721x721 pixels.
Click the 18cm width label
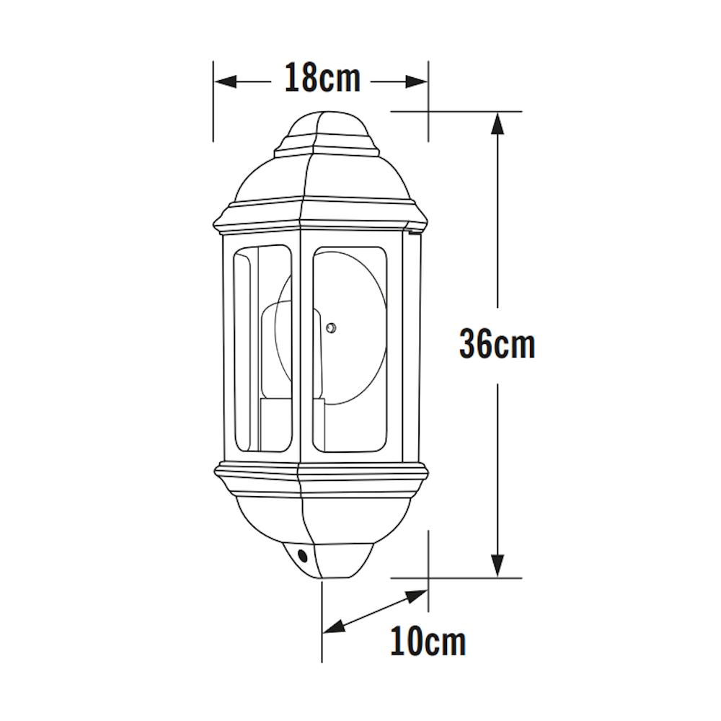(x=322, y=78)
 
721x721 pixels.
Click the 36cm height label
(x=497, y=345)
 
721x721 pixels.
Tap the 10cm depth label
(x=428, y=642)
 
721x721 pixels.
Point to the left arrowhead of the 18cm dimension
(x=226, y=82)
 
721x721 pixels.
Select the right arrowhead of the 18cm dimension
(x=416, y=82)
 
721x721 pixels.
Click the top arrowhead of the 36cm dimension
(x=497, y=123)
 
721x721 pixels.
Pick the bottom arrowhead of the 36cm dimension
(x=497, y=565)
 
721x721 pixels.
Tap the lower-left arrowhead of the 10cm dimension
(x=334, y=627)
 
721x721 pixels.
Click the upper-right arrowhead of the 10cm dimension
(x=417, y=596)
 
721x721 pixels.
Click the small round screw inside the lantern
(x=331, y=328)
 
